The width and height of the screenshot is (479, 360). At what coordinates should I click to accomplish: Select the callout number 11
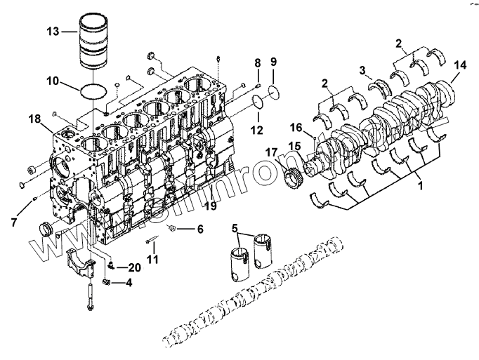click(153, 259)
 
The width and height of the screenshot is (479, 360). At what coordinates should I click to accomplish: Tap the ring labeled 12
click(258, 105)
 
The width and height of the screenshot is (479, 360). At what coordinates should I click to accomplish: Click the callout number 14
click(459, 65)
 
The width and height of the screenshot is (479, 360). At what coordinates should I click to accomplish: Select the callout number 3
click(363, 69)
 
